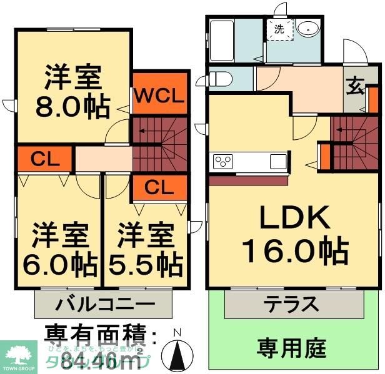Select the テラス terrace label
pyautogui.click(x=290, y=305)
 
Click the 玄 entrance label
pyautogui.click(x=355, y=87)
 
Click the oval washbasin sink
pyautogui.click(x=307, y=29)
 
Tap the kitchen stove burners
pyautogui.click(x=223, y=161)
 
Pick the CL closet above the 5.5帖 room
pyautogui.click(x=159, y=186)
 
